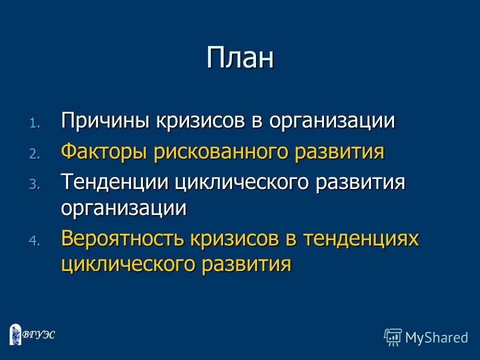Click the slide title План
(240, 58)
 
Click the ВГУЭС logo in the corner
(32, 334)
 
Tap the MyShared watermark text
(436, 337)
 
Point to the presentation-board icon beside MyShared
(393, 337)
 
